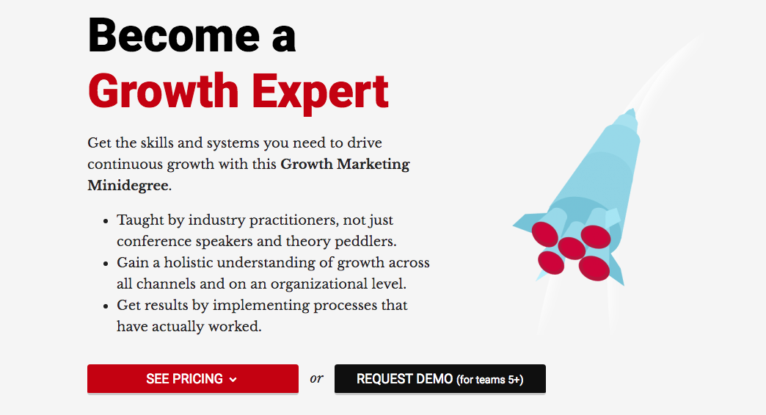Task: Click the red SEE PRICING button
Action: pyautogui.click(x=193, y=379)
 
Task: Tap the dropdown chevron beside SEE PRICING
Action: pyautogui.click(x=233, y=380)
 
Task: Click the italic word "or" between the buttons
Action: pyautogui.click(x=316, y=378)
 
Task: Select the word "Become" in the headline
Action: pyautogui.click(x=174, y=35)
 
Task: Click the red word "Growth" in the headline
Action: pyautogui.click(x=163, y=92)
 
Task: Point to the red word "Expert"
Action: pyautogui.click(x=321, y=93)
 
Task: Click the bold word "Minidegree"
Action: pyautogui.click(x=128, y=186)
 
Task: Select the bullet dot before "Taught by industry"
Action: pyautogui.click(x=106, y=221)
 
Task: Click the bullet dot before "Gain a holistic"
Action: pyautogui.click(x=106, y=264)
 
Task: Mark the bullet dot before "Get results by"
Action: pyautogui.click(x=106, y=306)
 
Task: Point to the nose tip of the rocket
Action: pyautogui.click(x=632, y=109)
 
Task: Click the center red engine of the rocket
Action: pyautogui.click(x=572, y=248)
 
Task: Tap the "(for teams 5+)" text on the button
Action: pyautogui.click(x=490, y=379)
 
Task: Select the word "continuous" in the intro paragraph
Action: pyautogui.click(x=125, y=165)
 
